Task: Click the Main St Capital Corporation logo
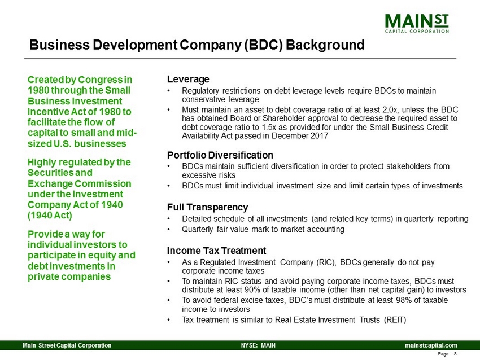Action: pos(417,23)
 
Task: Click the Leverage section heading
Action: pos(188,79)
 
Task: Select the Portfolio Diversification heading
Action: pos(220,155)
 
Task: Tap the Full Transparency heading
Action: pos(208,207)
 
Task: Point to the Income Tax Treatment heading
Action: pos(216,251)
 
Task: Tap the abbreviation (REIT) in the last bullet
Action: pos(395,319)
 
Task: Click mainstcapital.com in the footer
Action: pos(431,345)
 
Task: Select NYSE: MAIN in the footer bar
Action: pos(258,345)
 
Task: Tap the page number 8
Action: pos(455,354)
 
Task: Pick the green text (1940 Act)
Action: pos(50,216)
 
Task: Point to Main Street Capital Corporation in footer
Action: pos(67,345)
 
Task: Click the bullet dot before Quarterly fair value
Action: pos(169,230)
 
